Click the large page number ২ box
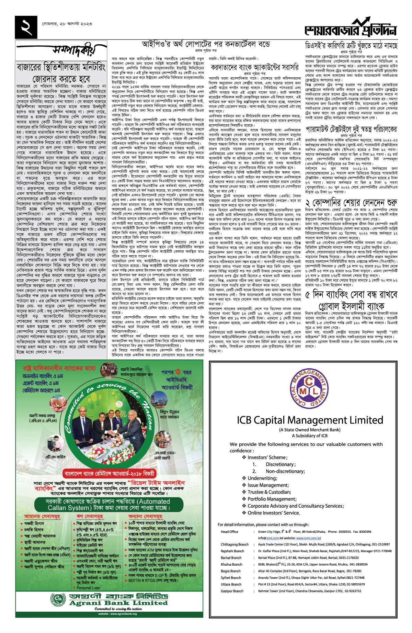(x=26, y=27)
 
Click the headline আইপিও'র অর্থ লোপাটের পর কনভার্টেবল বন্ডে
(x=206, y=44)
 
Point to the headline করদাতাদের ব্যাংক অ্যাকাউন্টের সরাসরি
(x=254, y=67)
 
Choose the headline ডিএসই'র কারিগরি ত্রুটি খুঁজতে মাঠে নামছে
(x=351, y=46)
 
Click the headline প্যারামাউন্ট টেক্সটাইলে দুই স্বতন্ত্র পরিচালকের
(x=351, y=129)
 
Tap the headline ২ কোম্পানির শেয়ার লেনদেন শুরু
(x=351, y=203)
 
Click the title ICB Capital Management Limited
(x=305, y=420)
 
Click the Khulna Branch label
(x=232, y=564)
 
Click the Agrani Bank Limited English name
(x=118, y=603)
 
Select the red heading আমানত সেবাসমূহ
(x=42, y=516)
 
